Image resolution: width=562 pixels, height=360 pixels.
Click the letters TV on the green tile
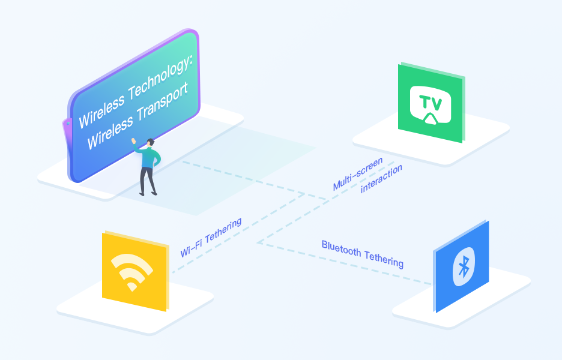tap(430, 103)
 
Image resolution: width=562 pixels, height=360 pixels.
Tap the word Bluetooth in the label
tap(340, 247)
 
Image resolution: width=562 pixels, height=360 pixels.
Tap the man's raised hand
tap(134, 142)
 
